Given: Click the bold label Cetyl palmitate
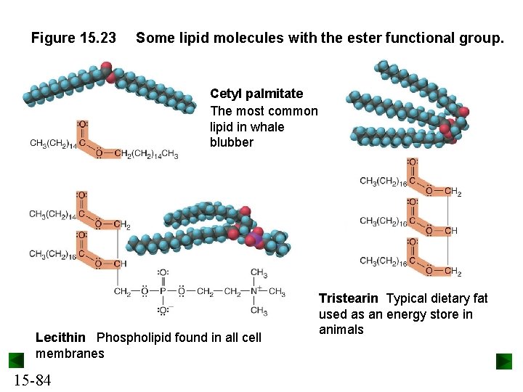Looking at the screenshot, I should [x=256, y=94].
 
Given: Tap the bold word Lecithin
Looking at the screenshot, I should [x=60, y=338].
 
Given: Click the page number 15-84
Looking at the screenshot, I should [x=31, y=379].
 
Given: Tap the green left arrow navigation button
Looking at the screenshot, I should [x=17, y=361].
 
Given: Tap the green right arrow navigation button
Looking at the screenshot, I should [x=504, y=361].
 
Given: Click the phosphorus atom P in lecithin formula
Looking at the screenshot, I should [x=164, y=292].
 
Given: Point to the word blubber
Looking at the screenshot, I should [x=232, y=142].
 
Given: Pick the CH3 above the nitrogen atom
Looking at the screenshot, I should [x=259, y=273].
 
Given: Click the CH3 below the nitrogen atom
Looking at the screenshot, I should [x=259, y=311].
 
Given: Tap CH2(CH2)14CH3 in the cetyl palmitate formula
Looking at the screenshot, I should [x=146, y=154].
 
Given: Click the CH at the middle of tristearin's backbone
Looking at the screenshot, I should [x=452, y=232].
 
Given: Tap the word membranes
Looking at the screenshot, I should [x=70, y=354].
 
